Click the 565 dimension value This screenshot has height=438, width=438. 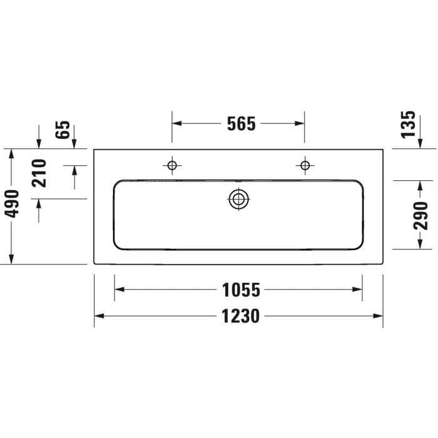[241, 124]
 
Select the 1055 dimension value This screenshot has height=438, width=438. [241, 290]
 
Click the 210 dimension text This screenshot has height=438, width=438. [40, 173]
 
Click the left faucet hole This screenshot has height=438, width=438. [172, 165]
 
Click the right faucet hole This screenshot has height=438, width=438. [305, 165]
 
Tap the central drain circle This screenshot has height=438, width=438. [238, 200]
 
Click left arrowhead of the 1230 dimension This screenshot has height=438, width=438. [99, 316]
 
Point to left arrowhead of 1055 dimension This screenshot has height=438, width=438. [119, 290]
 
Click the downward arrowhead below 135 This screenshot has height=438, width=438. [420, 145]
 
